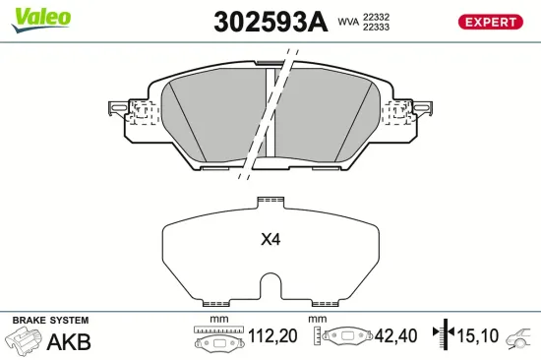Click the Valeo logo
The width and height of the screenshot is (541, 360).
point(39,17)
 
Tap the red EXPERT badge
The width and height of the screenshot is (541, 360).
point(489,22)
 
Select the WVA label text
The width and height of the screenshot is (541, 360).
point(347,21)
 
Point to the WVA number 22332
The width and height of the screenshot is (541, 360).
point(377,16)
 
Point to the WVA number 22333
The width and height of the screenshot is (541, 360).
point(377,28)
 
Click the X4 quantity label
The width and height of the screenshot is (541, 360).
point(270,239)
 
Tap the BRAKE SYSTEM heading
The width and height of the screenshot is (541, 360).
point(50,321)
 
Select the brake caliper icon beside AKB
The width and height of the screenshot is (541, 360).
point(24,341)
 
